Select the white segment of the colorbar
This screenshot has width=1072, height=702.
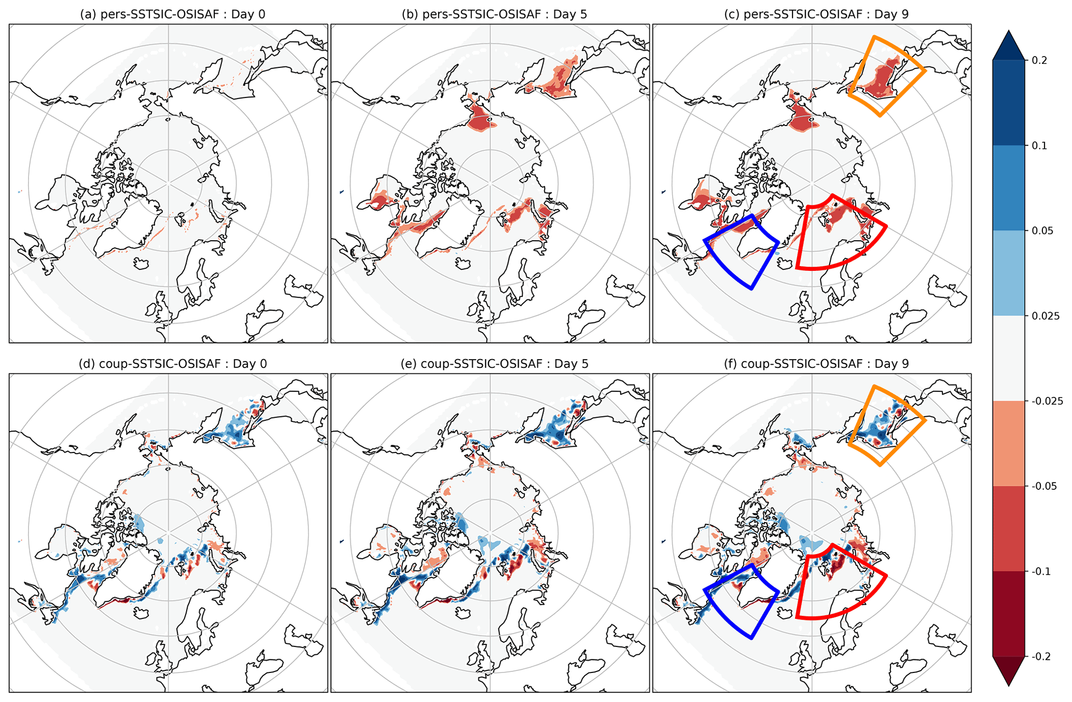[x=1009, y=358]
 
